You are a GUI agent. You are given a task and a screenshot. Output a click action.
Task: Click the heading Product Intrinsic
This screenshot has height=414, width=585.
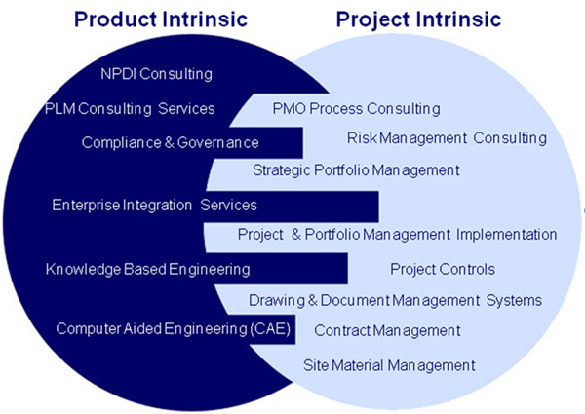coord(161,19)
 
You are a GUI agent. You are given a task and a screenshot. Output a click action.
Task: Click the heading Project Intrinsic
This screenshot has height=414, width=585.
coord(418,19)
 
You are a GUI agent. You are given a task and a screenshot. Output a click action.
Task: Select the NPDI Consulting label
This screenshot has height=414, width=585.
coord(156,74)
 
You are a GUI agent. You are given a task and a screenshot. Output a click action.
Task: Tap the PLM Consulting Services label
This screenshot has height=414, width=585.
coord(130,109)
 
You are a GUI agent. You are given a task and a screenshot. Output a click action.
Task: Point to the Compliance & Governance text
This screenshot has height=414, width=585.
coord(170,143)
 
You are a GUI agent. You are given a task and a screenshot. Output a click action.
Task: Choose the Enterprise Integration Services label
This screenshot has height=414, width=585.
coord(154,205)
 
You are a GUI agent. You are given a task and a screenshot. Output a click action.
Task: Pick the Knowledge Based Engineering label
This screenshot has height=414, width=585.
coord(148,269)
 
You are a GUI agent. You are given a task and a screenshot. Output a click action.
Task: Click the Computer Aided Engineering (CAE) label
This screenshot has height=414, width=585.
coord(174,329)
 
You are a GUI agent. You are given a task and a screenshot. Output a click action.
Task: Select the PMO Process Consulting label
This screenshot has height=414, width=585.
coord(356,109)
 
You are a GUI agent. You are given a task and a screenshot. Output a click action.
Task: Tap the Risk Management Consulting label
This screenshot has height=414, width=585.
coord(447,138)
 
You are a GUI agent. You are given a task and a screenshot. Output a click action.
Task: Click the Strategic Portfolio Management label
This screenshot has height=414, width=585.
coord(356,170)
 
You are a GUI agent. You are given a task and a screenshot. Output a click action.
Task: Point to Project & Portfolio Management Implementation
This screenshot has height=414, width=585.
coord(398,235)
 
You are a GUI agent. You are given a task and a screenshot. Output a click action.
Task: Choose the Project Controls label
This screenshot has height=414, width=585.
coord(443,269)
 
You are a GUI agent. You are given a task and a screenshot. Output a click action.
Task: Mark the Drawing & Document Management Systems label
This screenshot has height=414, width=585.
coord(396,300)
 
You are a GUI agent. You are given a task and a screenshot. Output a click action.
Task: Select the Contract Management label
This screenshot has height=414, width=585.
coord(387,330)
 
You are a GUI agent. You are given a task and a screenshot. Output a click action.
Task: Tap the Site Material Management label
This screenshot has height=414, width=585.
coord(389,365)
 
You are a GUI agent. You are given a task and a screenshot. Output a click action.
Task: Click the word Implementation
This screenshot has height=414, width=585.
coord(507,235)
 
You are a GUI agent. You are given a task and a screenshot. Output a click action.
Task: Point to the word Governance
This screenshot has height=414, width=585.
coord(217,143)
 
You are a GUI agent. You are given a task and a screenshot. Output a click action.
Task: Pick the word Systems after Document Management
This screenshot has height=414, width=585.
coord(514,300)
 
